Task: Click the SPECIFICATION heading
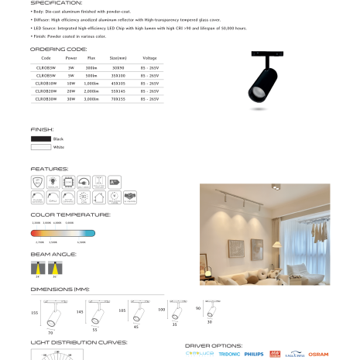coord(57,3)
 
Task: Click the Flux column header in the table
coord(91,58)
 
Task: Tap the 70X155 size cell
coord(118,99)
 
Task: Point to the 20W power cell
coord(71,91)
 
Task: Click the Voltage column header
coord(150,58)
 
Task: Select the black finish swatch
coord(41,139)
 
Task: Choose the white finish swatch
coord(41,146)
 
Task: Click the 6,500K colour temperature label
coord(82,241)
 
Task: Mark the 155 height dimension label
coord(34,313)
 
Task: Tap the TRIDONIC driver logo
coord(230,353)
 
